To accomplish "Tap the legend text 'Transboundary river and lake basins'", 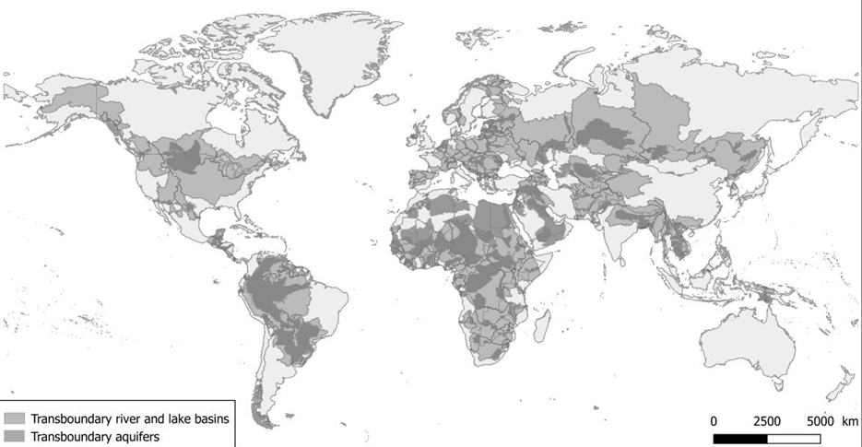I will coord(130,418).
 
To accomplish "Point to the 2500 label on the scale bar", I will coord(767,420).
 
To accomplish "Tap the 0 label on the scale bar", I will coord(714,420).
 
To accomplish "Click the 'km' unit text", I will coord(848,420).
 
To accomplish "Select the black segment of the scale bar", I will coord(740,436).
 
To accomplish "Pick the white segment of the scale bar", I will coord(794,436).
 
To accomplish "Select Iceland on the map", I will coord(388,97).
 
